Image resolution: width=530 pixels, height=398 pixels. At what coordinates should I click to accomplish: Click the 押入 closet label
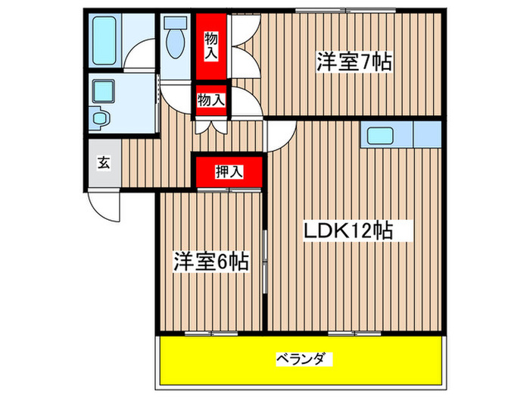tap(229, 172)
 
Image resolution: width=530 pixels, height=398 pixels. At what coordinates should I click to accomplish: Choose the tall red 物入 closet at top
tap(211, 45)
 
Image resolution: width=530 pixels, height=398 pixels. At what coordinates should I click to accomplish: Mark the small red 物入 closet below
tap(211, 99)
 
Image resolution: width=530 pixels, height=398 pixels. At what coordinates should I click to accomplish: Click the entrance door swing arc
tap(104, 203)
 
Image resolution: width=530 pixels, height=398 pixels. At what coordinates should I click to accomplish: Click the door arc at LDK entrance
tap(281, 134)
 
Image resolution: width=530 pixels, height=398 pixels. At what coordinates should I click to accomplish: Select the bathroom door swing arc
tap(139, 58)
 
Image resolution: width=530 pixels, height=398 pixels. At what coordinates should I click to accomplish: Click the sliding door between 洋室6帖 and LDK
tap(264, 258)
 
